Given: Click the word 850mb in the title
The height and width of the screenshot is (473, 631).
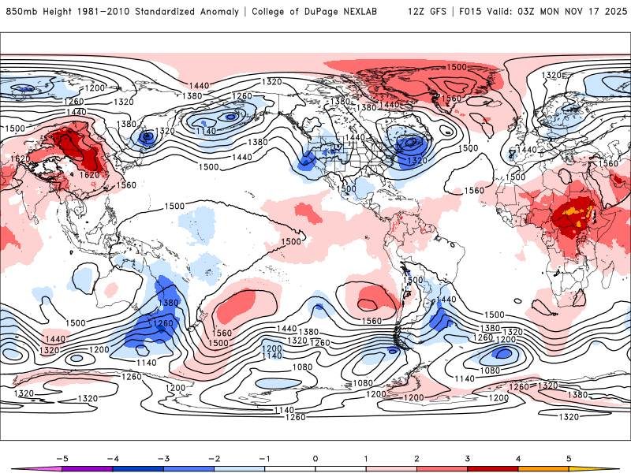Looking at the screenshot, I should coord(20,12).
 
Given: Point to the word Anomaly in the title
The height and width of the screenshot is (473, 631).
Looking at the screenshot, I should coord(228,12).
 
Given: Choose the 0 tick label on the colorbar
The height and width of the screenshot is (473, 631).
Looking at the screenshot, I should coord(315,457).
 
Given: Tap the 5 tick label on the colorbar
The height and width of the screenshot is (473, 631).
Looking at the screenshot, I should coord(569,457).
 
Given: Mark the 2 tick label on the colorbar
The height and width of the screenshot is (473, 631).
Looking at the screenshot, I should coord(416,457).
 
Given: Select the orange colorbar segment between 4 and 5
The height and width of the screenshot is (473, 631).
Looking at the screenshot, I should coord(543,469).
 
